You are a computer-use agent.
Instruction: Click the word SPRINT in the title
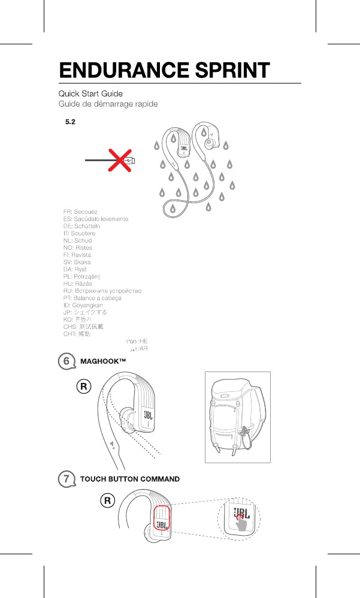(229, 70)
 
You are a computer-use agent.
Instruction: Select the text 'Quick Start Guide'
(90, 94)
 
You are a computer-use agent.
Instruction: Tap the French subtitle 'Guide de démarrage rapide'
(108, 104)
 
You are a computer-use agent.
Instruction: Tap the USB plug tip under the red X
(132, 161)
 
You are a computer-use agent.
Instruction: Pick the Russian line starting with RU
(102, 291)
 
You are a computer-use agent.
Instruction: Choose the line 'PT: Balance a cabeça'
(92, 298)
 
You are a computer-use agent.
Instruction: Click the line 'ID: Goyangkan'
(83, 305)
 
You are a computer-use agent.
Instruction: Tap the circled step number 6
(68, 361)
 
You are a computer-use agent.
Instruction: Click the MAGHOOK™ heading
(104, 361)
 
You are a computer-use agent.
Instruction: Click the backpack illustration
(237, 417)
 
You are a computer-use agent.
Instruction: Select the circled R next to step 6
(84, 386)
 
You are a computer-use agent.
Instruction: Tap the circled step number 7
(68, 479)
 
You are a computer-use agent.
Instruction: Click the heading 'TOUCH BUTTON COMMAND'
(130, 479)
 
